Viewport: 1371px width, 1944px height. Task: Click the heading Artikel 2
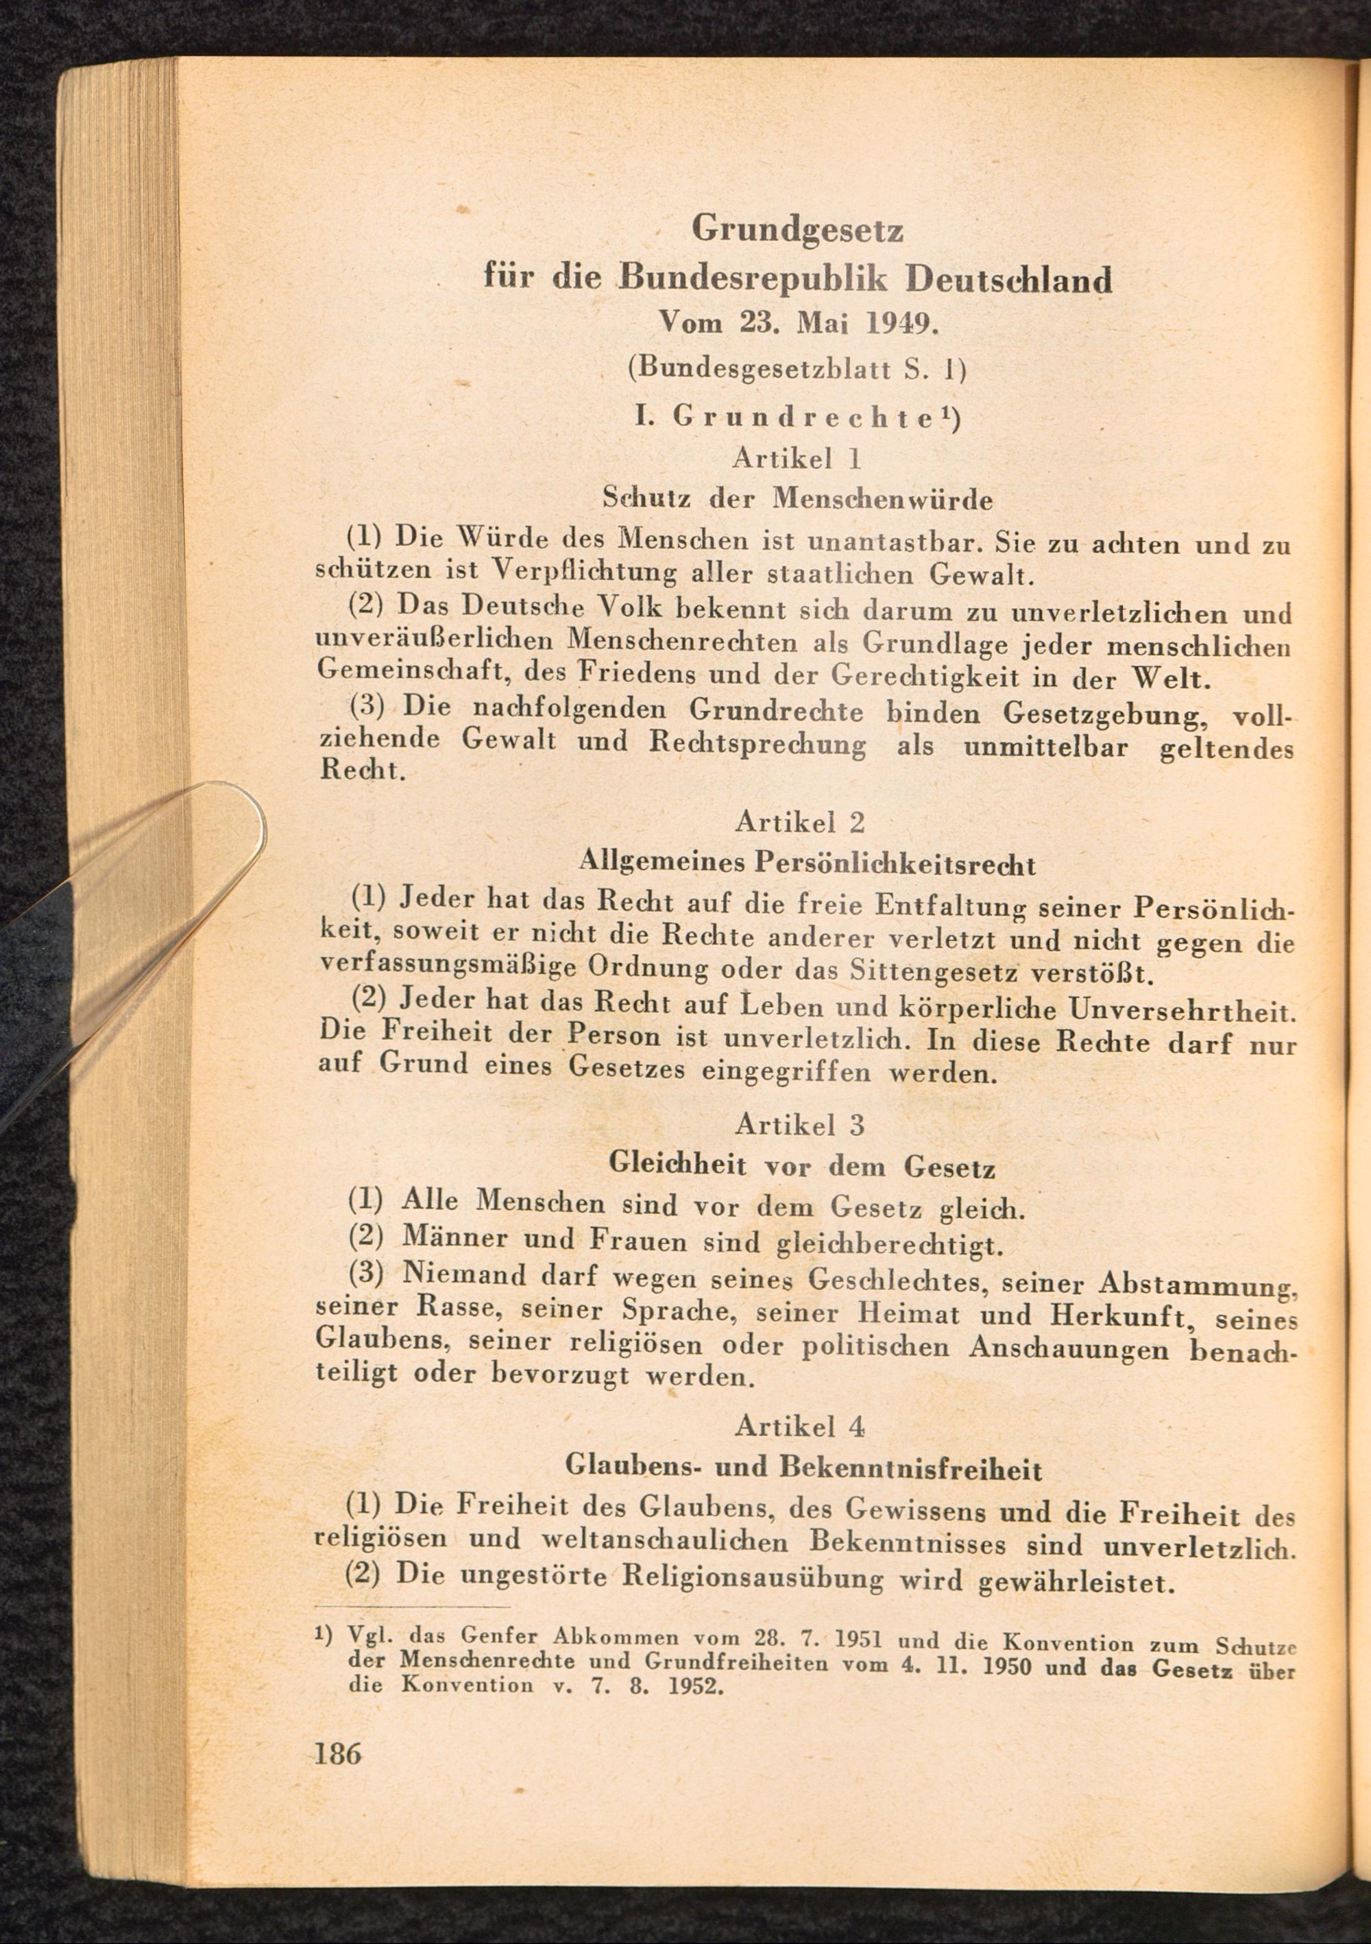pyautogui.click(x=799, y=821)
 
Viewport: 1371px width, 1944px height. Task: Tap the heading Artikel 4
pyautogui.click(x=799, y=1426)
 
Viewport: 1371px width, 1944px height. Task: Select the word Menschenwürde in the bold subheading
pyautogui.click(x=882, y=500)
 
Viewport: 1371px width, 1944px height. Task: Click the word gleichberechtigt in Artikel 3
pyautogui.click(x=889, y=1246)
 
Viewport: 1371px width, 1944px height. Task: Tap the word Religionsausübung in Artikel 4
pyautogui.click(x=753, y=1578)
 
